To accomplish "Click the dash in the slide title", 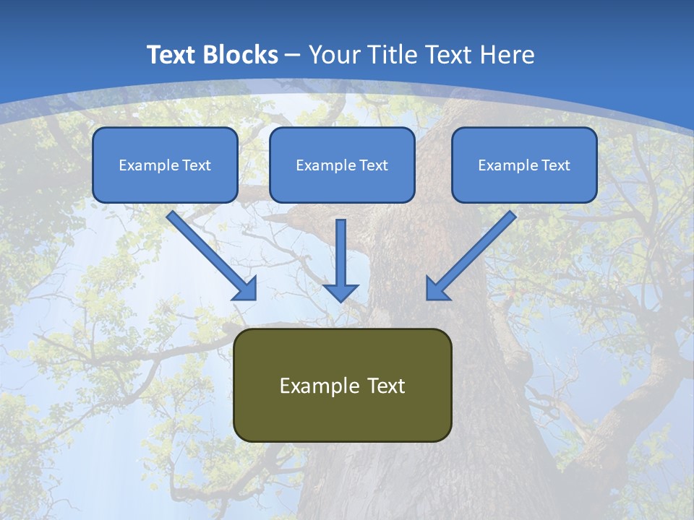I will click(x=293, y=56).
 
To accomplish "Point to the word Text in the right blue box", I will click(x=555, y=165).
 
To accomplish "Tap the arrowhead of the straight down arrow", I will click(x=340, y=292).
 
